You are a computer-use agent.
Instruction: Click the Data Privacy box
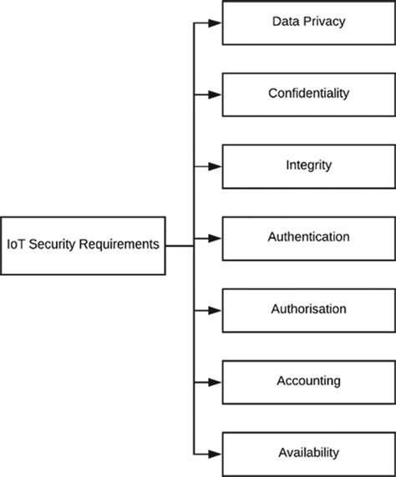308,23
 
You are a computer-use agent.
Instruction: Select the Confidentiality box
308,94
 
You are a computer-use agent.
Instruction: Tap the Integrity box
308,165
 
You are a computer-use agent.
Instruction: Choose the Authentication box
308,237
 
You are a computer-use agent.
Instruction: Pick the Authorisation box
308,309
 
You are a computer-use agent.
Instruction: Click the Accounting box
308,381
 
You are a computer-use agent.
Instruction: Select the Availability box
308,453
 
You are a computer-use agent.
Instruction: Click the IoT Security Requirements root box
83,246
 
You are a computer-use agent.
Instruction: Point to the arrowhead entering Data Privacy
216,23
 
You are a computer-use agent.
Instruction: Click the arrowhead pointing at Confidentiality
216,94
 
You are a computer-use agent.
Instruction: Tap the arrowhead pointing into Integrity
216,166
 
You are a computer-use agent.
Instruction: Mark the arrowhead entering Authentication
216,238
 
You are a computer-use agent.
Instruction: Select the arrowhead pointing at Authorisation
216,310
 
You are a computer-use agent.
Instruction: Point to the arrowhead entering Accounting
216,382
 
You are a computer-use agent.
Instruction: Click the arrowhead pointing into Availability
216,454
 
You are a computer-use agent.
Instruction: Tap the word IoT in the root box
16,245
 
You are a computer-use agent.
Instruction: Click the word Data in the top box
286,21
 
